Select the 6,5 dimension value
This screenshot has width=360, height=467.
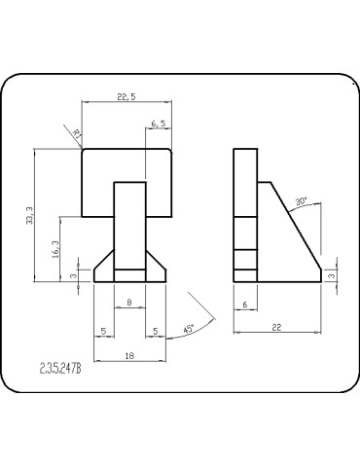(160, 124)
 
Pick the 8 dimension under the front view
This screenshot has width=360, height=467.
(129, 303)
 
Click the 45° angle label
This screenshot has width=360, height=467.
(187, 329)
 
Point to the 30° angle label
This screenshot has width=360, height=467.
(302, 201)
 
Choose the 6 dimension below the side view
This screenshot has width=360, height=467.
(245, 305)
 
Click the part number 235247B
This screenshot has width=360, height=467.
(60, 369)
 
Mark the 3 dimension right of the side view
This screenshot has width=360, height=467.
(332, 276)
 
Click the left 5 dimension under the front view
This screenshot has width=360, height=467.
(103, 330)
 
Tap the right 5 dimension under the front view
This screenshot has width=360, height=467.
(156, 330)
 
